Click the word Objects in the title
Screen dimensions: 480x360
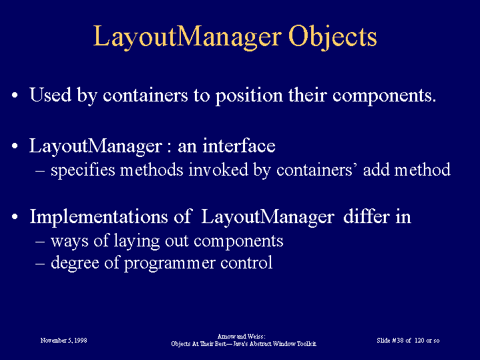[332, 37]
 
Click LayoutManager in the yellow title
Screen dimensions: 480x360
[187, 37]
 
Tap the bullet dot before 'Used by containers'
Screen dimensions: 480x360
[15, 96]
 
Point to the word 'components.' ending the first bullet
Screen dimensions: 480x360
[384, 96]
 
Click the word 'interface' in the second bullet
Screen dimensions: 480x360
[239, 146]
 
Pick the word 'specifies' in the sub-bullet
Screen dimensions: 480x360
[83, 170]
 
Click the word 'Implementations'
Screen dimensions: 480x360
[99, 217]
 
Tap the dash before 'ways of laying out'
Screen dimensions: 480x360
[40, 241]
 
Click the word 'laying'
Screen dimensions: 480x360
[137, 241]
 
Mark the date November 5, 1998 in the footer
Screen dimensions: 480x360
[63, 341]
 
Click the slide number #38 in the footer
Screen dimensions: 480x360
[398, 341]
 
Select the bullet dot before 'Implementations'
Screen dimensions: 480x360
[15, 217]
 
